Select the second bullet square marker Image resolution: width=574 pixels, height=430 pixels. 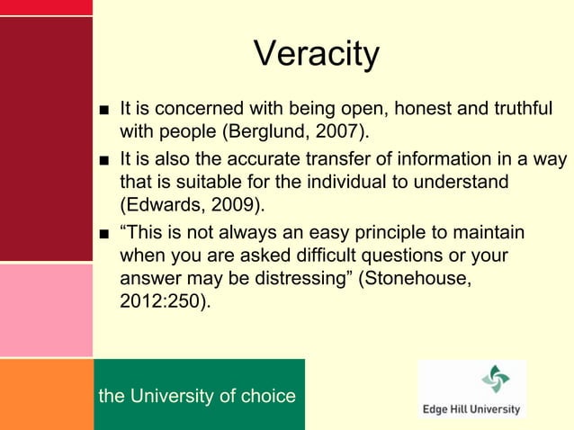(x=105, y=162)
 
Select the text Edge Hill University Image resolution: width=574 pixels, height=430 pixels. (x=471, y=408)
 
